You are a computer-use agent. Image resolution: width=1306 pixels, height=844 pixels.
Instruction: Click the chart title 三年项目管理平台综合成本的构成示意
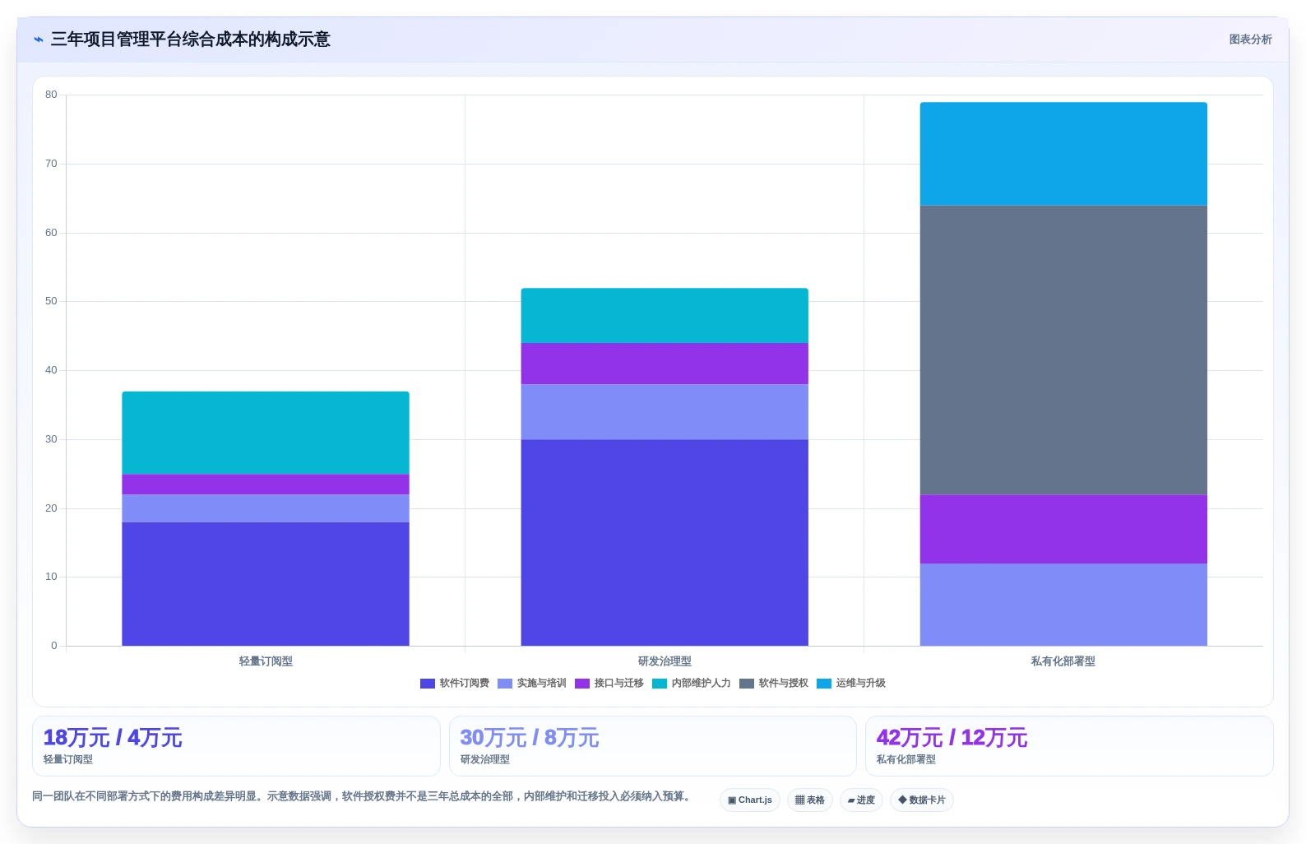(190, 39)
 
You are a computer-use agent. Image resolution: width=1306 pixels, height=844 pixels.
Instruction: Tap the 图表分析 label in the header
(1250, 39)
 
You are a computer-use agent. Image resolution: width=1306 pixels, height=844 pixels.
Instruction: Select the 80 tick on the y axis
(51, 95)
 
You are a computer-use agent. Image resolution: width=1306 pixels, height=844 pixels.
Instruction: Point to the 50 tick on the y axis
(51, 301)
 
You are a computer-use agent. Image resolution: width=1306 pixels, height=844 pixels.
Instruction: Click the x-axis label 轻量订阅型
(266, 661)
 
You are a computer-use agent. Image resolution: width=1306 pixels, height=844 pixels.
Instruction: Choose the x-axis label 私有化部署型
(1063, 661)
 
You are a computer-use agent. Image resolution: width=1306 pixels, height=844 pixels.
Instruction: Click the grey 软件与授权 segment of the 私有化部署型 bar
(1063, 350)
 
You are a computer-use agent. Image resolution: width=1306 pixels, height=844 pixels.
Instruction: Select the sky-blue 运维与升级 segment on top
(1063, 154)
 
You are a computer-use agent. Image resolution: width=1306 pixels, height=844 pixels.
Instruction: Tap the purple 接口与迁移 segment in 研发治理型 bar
(665, 364)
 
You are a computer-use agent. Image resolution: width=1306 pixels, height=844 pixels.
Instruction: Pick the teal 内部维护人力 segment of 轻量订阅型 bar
(266, 433)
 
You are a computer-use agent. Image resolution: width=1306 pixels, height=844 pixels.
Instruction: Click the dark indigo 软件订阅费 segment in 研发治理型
(665, 542)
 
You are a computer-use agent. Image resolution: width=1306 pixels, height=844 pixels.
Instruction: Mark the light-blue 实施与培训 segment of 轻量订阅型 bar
(266, 508)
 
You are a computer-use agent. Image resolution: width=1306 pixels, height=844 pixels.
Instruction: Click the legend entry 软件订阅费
(455, 683)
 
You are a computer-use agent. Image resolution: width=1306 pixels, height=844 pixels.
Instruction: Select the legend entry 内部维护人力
(691, 683)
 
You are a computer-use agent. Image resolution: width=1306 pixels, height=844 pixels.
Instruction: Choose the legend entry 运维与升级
(851, 683)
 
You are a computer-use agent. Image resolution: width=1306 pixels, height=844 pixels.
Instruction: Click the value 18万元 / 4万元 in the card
(113, 738)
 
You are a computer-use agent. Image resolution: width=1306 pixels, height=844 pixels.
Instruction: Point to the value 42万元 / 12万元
(952, 738)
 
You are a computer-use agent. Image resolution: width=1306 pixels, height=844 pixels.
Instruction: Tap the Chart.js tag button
(750, 800)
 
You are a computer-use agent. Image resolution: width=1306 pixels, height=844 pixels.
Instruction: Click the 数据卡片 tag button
(921, 800)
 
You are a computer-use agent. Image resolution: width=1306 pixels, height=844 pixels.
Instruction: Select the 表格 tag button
(810, 800)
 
